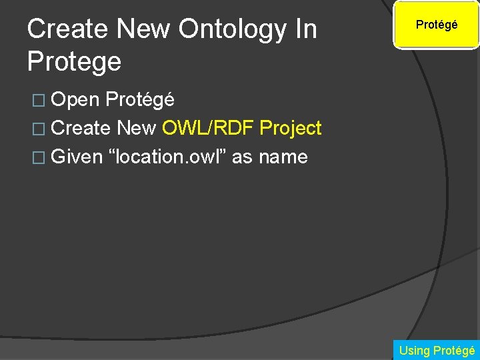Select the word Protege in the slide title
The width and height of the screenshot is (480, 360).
pyautogui.click(x=74, y=62)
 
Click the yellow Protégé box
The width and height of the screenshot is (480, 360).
pyautogui.click(x=437, y=25)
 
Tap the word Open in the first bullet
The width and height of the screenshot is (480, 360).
pyautogui.click(x=75, y=99)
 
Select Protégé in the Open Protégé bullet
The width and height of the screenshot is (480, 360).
pyautogui.click(x=140, y=99)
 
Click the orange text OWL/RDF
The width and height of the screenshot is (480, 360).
pyautogui.click(x=207, y=128)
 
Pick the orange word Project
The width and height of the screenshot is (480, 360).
pyautogui.click(x=291, y=128)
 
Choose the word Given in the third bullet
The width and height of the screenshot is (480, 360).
pyautogui.click(x=77, y=157)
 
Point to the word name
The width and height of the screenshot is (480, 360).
pyautogui.click(x=283, y=157)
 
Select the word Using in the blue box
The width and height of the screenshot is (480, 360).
pyautogui.click(x=414, y=350)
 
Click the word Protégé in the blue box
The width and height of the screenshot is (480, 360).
pyautogui.click(x=454, y=350)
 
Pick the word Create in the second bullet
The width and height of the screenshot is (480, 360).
pyautogui.click(x=81, y=128)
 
